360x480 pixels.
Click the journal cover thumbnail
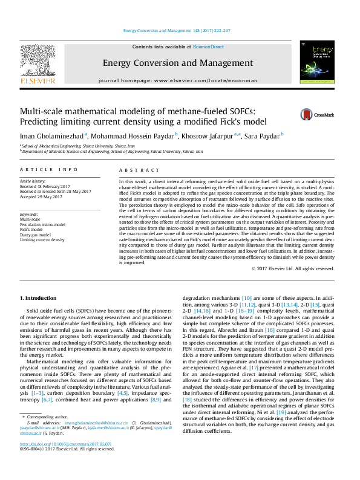317,63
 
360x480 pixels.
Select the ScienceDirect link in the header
208,47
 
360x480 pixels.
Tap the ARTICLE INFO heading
49,171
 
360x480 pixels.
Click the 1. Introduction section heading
40,298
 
